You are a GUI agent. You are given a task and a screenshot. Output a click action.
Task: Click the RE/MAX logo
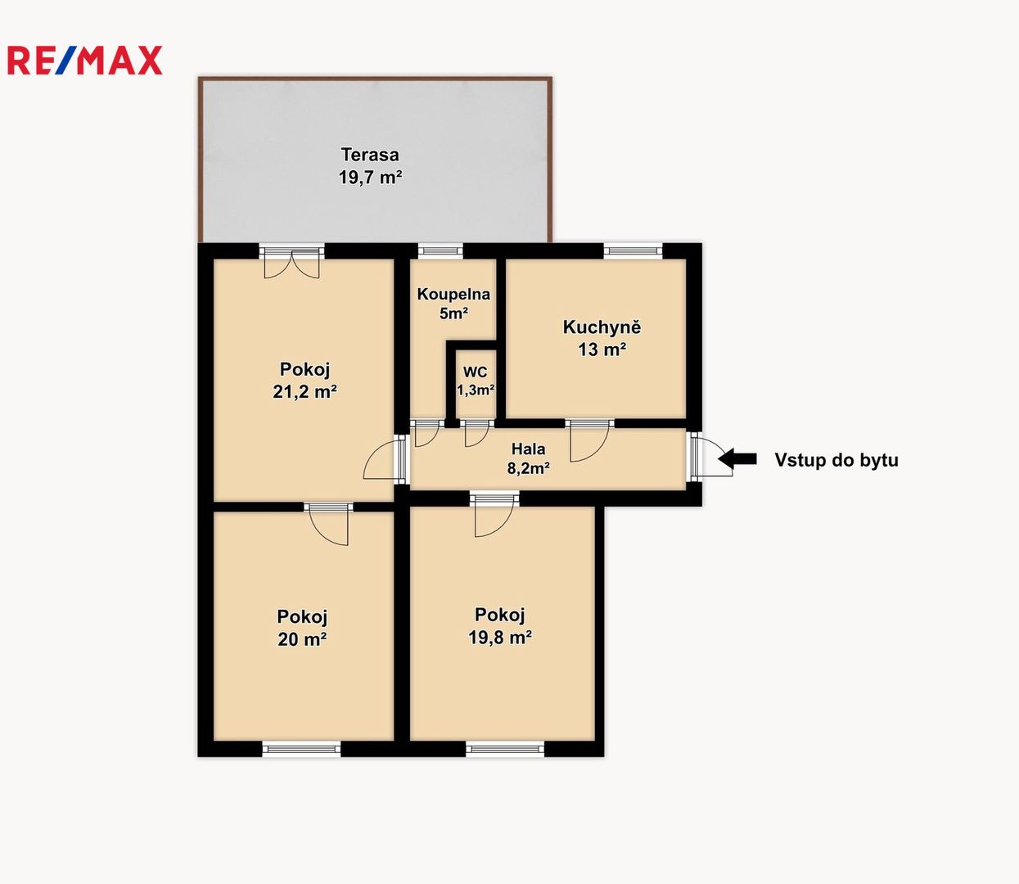click(84, 61)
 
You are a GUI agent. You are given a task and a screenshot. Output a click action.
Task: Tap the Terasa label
click(370, 155)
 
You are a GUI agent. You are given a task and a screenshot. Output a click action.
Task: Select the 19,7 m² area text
click(370, 178)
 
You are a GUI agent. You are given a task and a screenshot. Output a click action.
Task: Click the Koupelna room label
click(453, 295)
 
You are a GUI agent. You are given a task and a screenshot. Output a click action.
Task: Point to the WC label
click(476, 372)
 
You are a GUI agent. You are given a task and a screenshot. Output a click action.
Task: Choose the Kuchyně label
click(602, 327)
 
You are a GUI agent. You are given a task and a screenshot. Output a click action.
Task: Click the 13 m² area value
click(602, 350)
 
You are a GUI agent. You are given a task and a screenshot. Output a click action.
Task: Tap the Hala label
click(529, 449)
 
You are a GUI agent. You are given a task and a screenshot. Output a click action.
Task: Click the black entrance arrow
click(737, 458)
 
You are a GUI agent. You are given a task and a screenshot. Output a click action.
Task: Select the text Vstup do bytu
click(836, 460)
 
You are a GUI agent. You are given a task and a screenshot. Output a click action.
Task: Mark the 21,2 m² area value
click(304, 391)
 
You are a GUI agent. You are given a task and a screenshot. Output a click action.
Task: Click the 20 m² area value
click(302, 639)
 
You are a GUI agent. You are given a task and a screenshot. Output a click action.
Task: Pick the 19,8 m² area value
click(500, 637)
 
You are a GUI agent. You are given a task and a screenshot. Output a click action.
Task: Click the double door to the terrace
click(291, 261)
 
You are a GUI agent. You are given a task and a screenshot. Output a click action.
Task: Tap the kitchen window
click(633, 251)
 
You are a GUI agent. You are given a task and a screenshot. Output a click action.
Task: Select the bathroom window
click(440, 251)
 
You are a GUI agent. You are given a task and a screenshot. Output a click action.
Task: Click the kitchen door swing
click(589, 440)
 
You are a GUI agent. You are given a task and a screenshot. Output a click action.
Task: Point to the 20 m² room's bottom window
click(301, 749)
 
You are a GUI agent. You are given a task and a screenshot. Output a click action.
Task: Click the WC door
click(476, 433)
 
